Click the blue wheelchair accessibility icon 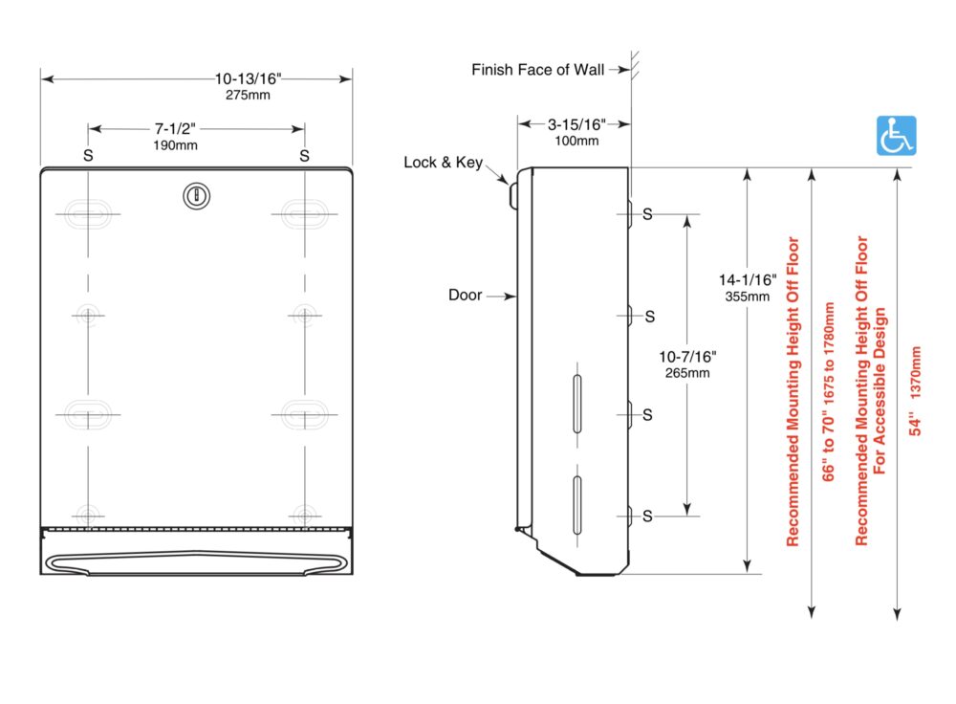click(x=897, y=136)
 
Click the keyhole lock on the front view click(x=196, y=196)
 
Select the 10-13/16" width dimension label click(x=248, y=78)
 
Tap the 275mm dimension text click(x=248, y=95)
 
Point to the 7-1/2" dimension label click(x=175, y=129)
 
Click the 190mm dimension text click(x=175, y=145)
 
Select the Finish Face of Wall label click(x=537, y=70)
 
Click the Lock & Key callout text click(x=444, y=163)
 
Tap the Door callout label click(x=466, y=296)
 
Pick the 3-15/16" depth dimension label click(x=576, y=124)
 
